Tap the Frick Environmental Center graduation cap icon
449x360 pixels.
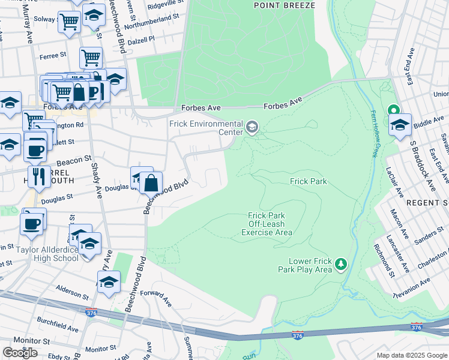point(252,127)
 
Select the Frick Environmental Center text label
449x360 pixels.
point(205,127)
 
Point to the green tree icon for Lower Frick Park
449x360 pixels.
point(340,263)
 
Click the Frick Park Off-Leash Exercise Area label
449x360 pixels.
point(267,224)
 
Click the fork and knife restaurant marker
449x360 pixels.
point(38,176)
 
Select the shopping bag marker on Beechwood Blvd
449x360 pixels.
point(152,182)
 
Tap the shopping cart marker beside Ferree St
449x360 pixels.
point(91,58)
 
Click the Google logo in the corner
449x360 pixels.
point(20,353)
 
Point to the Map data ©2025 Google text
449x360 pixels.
point(412,355)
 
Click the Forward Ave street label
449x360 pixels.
point(156,298)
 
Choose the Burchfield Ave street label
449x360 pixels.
point(56,329)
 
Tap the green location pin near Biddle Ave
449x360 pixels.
point(394,111)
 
